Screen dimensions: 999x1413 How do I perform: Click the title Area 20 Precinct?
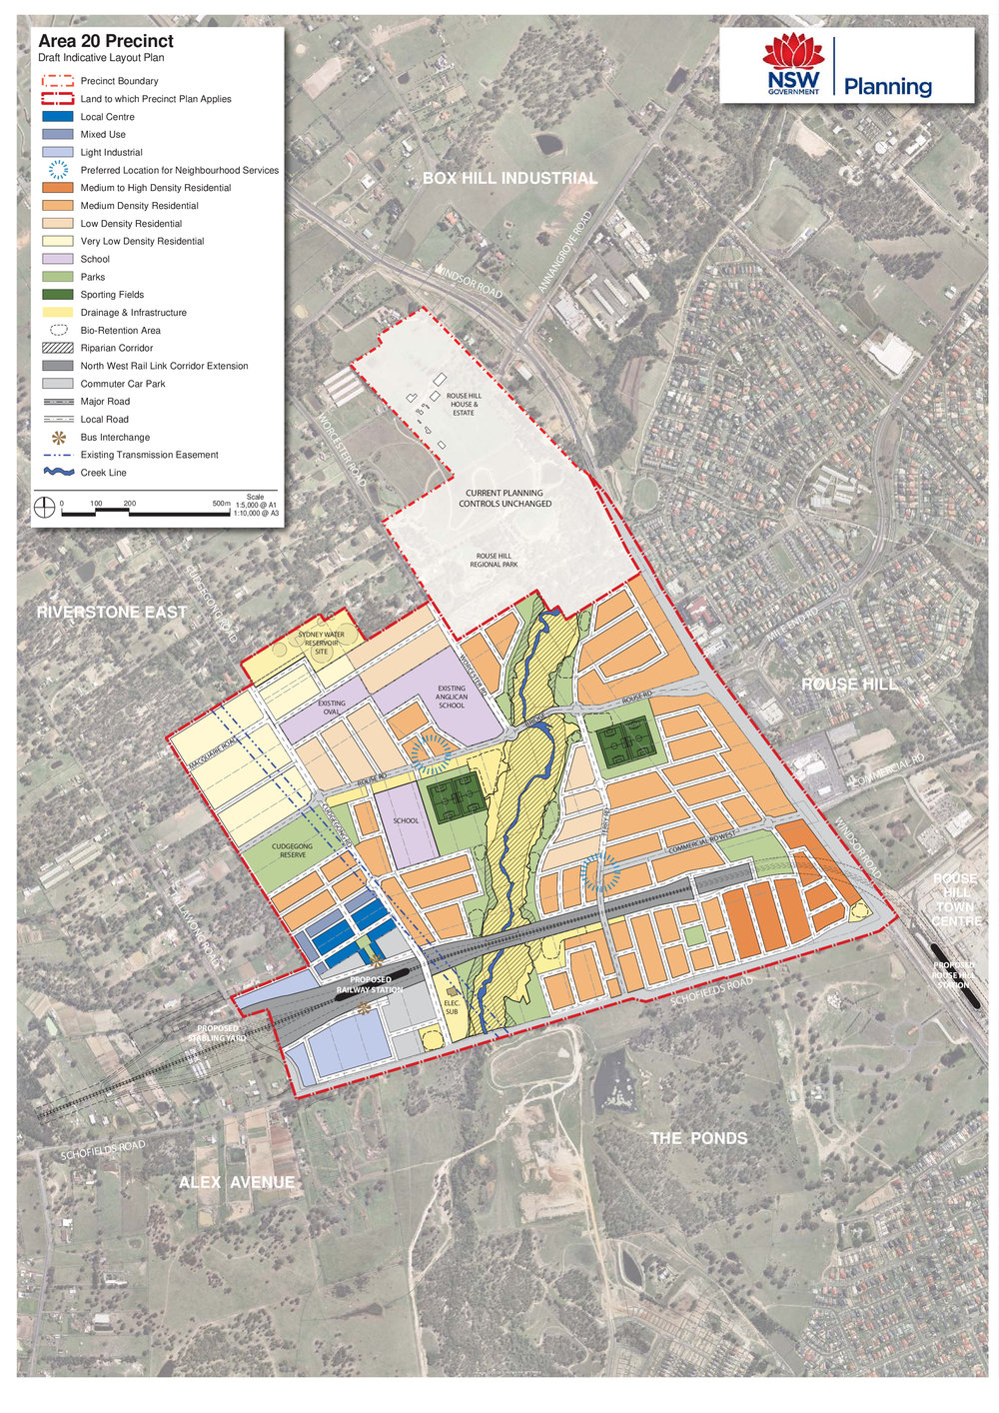106,41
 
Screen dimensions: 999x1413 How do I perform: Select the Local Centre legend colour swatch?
60,117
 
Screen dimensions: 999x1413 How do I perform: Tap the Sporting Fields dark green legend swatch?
60,295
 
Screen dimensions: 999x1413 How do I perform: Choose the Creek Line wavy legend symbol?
60,473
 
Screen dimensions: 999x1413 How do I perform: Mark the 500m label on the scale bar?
221,504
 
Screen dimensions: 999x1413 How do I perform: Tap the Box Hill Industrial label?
509,178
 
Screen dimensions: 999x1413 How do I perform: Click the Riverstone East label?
112,612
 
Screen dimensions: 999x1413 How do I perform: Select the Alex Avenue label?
237,1182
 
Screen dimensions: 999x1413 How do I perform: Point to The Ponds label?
698,1138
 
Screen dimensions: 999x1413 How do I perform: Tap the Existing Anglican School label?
452,697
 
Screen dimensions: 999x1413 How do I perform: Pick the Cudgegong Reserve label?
293,850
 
